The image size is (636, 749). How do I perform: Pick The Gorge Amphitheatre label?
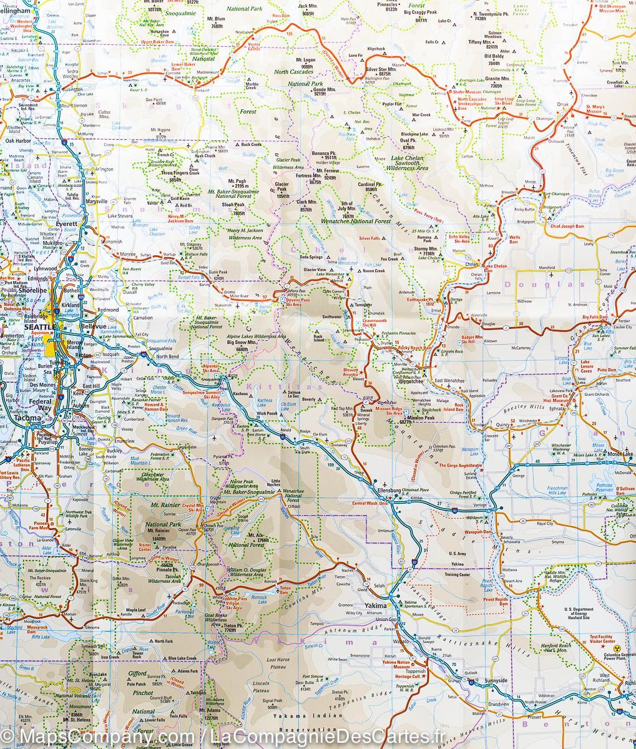tap(460, 465)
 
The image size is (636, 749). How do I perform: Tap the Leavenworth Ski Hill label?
tap(374, 323)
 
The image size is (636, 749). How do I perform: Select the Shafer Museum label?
tap(468, 92)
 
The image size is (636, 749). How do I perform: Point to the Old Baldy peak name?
tap(494, 57)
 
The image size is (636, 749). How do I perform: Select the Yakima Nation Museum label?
tap(396, 664)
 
